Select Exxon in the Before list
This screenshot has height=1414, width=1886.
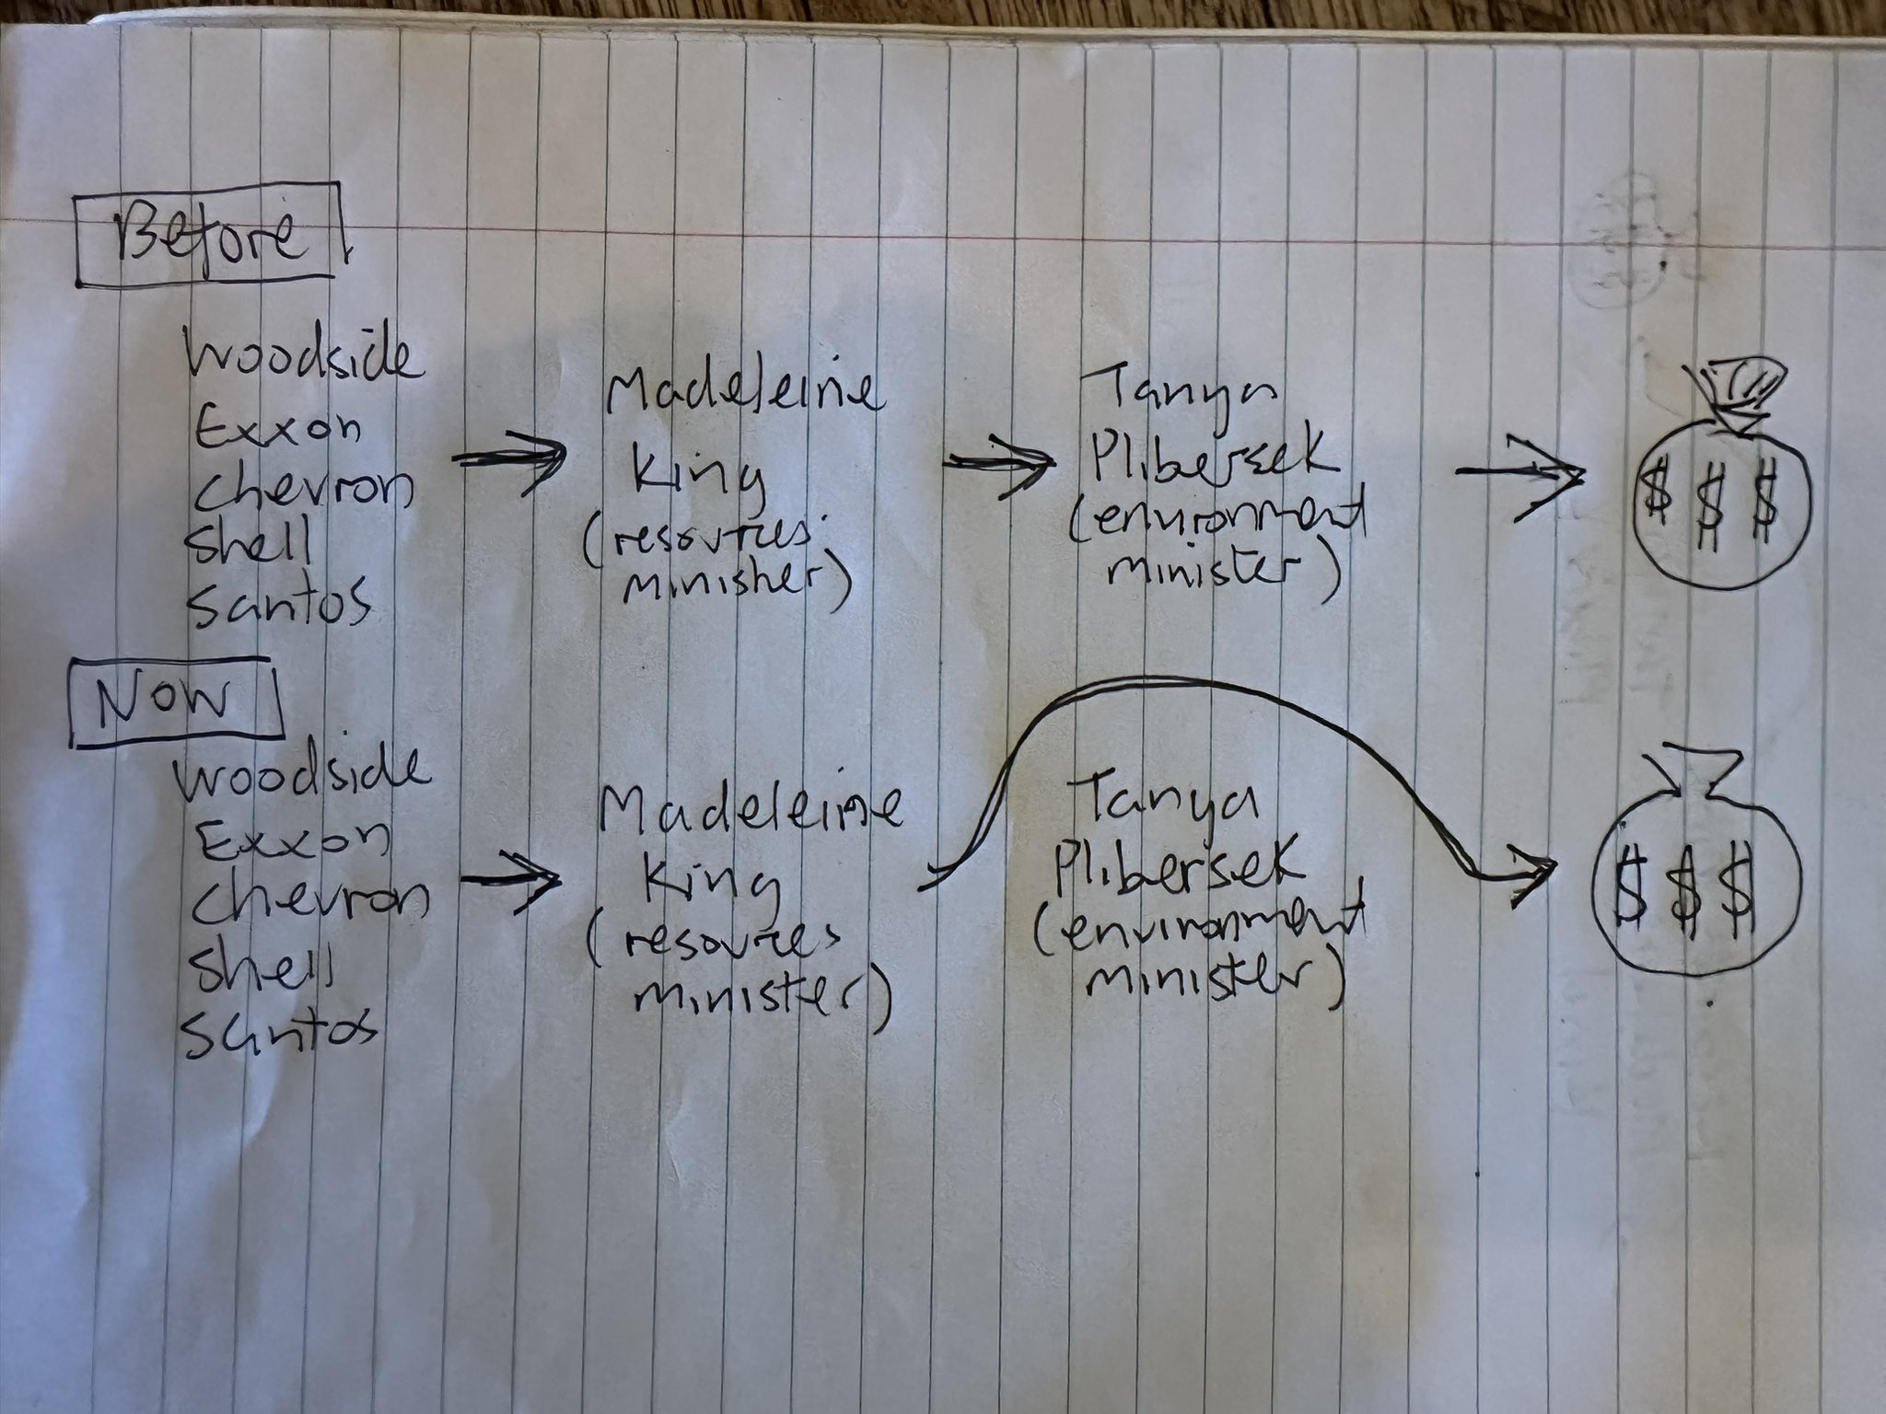tap(276, 424)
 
